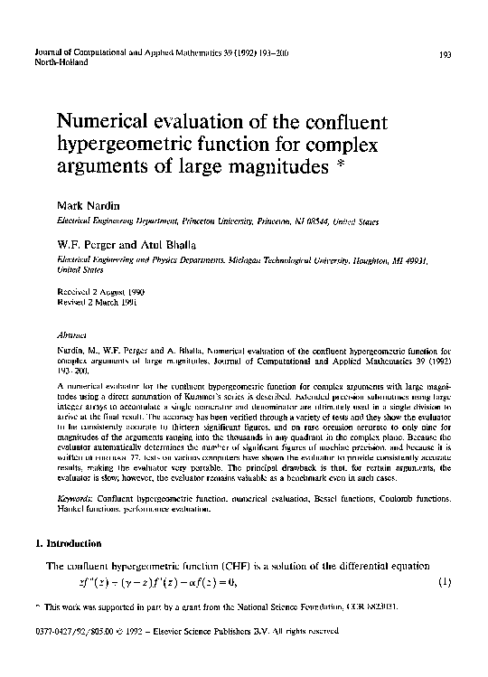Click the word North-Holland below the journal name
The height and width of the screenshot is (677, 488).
coord(60,65)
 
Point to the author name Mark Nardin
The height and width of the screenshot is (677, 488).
coord(89,207)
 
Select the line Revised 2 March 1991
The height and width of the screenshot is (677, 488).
coord(98,303)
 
